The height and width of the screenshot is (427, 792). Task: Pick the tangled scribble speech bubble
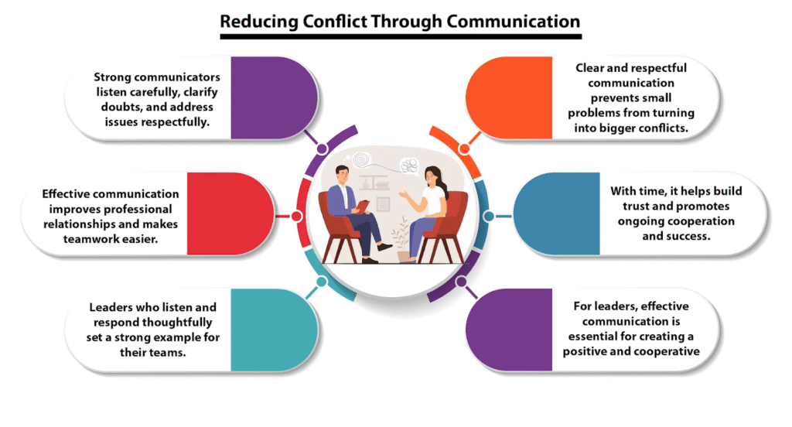(410, 163)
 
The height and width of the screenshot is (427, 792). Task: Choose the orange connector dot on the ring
(464, 148)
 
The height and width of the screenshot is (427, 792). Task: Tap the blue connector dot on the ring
(487, 217)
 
